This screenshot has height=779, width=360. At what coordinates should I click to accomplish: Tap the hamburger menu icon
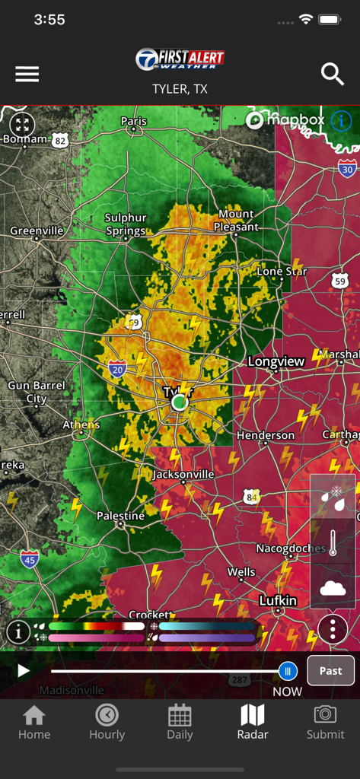coord(27,74)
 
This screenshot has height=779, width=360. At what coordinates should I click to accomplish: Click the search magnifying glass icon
coord(333,74)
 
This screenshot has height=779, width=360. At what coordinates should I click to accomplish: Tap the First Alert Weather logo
coord(180,59)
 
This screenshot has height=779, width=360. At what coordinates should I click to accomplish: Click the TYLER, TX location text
coord(180,89)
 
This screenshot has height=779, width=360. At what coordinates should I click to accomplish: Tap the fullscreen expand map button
coord(22,125)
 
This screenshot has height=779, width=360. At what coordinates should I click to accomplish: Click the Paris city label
coord(134,121)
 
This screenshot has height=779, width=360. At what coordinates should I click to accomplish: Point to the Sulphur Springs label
coord(126,224)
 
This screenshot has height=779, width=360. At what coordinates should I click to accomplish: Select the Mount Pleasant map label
coord(237,221)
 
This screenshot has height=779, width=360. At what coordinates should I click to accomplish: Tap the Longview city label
coord(276,362)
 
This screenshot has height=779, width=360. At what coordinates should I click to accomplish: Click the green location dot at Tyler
coord(179,402)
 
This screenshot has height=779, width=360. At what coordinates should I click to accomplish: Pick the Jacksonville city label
coord(183,474)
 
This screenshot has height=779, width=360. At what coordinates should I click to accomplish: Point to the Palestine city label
coord(120,516)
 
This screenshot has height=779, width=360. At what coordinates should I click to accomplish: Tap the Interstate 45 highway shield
coord(30,559)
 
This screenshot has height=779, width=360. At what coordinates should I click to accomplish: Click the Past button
coord(330,670)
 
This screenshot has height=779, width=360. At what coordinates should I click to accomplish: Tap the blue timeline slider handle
coord(288,670)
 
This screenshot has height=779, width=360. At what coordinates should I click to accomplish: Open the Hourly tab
coord(107,722)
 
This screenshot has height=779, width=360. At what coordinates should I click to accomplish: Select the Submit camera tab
coord(325,722)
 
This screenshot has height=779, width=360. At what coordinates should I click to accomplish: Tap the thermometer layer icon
coord(333,542)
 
